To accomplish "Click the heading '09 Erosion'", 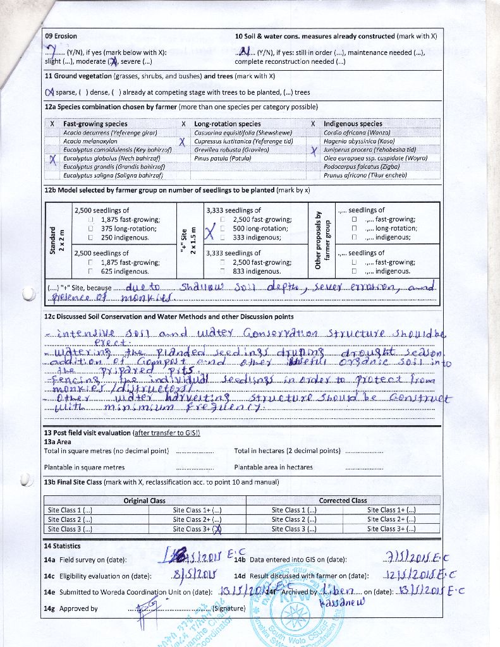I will pos(61,36).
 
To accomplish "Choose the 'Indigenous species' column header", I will pos(353,124).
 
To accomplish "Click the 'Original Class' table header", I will pos(144,500).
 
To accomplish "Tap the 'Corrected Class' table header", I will pos(343,500).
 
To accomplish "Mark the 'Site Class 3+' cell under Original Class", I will pos(197,529).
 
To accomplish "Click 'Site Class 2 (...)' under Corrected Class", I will pos(294,519).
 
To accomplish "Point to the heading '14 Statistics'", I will pos(62,545).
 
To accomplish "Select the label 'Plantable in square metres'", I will pos(84,468).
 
